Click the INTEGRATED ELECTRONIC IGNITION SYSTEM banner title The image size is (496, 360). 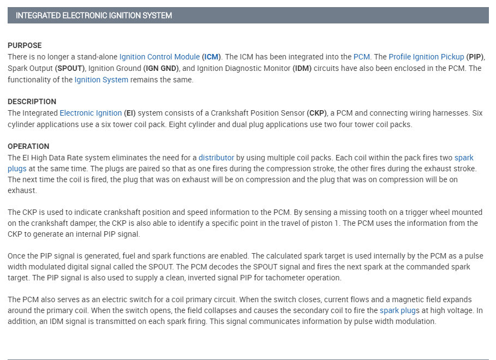point(94,16)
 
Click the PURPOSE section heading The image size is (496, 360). point(25,45)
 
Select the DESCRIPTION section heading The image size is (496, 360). point(32,101)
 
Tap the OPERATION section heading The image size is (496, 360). point(28,146)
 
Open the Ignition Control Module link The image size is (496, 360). point(159,57)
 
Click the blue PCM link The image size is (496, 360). point(362,57)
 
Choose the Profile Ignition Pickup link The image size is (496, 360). point(426,57)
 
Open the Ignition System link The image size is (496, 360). point(101,80)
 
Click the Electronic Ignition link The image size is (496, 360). point(91,113)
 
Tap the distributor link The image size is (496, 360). point(216,158)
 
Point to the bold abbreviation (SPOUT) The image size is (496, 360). point(70,68)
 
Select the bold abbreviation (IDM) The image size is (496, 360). point(303,68)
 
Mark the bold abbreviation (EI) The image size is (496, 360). point(131,113)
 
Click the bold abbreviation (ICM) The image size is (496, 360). point(211,57)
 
